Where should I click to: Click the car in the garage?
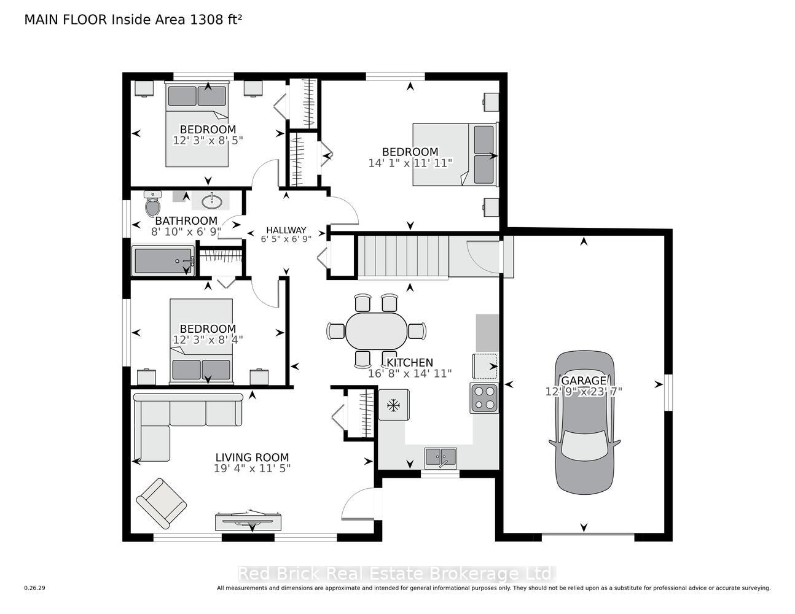tap(584, 422)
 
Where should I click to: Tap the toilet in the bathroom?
tap(153, 204)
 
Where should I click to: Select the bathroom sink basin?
tap(211, 201)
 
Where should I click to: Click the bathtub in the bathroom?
tap(163, 260)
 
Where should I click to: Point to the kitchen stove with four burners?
tap(484, 398)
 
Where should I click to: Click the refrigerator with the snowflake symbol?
tap(394, 405)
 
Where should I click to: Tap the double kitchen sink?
tap(441, 458)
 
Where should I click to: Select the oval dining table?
tap(376, 331)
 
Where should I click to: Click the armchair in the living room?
tap(162, 503)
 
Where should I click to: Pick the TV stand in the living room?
tap(248, 521)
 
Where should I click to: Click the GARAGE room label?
tap(584, 380)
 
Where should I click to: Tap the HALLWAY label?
tap(286, 230)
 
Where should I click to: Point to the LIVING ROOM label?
tap(252, 457)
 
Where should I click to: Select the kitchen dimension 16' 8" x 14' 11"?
tap(410, 373)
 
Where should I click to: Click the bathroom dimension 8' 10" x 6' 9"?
tap(186, 231)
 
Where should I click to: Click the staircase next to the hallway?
tap(403, 256)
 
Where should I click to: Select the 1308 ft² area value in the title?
tap(216, 20)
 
